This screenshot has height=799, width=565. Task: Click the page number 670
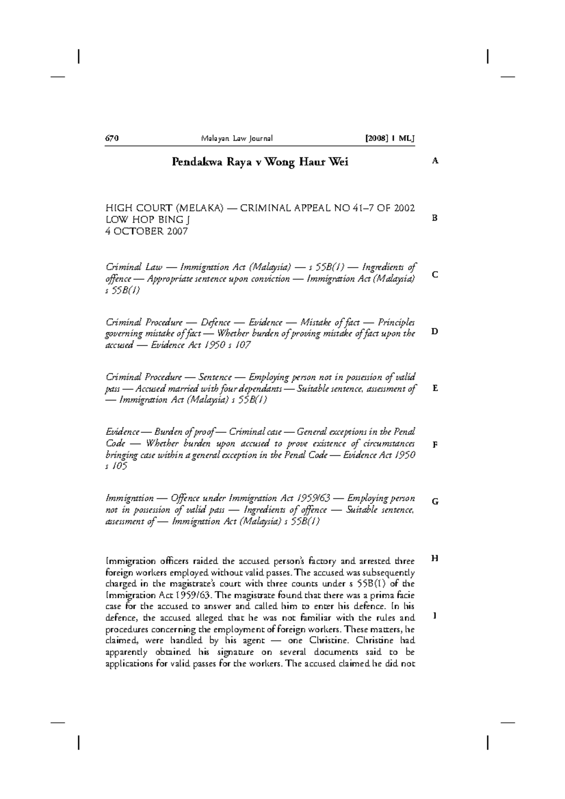(111, 138)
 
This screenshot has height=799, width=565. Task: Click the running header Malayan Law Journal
(237, 138)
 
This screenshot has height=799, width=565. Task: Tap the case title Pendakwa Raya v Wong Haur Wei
(260, 162)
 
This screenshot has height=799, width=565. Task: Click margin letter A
(435, 161)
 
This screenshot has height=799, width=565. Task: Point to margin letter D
(435, 331)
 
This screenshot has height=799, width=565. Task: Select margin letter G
(435, 502)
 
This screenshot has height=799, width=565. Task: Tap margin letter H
(435, 558)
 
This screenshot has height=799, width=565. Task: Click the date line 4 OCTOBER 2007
(146, 231)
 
